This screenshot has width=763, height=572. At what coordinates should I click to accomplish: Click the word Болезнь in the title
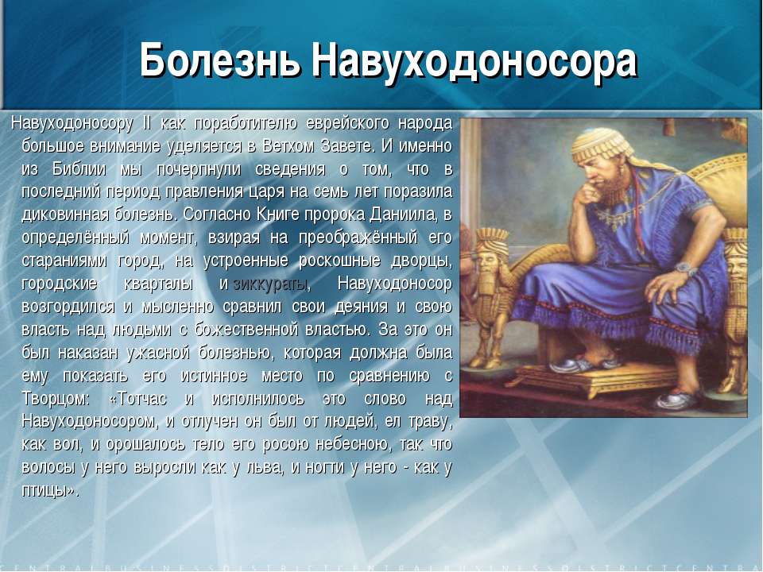[x=219, y=60]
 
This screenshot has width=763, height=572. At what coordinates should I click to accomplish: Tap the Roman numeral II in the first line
[x=146, y=123]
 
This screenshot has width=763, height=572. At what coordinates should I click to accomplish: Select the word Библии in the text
[x=79, y=169]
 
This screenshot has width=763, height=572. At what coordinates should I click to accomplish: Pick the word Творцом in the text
[x=56, y=400]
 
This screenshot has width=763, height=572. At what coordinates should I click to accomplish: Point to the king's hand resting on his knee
[x=667, y=288]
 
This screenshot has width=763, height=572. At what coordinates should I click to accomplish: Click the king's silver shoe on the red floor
[x=677, y=400]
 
